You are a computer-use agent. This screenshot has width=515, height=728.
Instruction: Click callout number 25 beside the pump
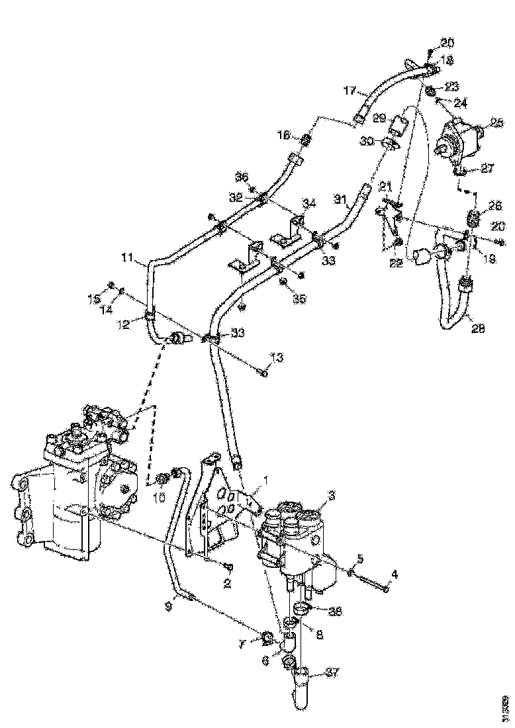point(497,122)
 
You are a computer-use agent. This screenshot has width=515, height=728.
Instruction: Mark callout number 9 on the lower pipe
point(169,604)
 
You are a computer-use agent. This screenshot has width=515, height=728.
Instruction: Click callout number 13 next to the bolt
point(276,358)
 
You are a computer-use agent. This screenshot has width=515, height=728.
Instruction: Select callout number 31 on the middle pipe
point(340,198)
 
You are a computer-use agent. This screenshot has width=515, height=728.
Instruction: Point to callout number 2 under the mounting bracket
point(227,583)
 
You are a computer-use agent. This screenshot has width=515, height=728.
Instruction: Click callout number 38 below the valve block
point(336,612)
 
